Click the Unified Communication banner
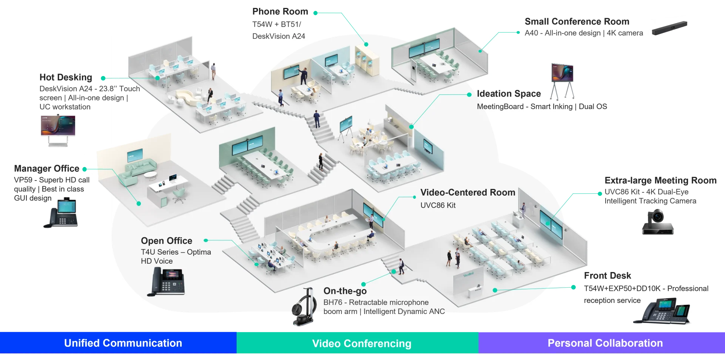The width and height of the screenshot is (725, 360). click(x=123, y=343)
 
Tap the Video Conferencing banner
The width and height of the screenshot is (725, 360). click(x=361, y=343)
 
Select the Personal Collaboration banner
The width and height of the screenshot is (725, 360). click(x=605, y=343)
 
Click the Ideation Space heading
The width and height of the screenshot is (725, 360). click(x=509, y=94)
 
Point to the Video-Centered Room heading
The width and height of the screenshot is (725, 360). click(x=467, y=193)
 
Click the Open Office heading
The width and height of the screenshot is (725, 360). click(x=167, y=241)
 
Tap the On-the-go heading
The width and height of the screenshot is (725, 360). click(x=345, y=291)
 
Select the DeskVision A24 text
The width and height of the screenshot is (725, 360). click(x=278, y=36)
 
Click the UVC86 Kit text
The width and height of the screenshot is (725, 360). click(x=438, y=205)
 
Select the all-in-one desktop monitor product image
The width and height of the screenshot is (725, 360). click(x=58, y=130)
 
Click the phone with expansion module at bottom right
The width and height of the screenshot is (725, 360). click(x=663, y=311)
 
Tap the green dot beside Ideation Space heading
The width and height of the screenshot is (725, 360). click(x=469, y=94)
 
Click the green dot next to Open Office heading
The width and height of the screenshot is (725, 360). click(x=206, y=240)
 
